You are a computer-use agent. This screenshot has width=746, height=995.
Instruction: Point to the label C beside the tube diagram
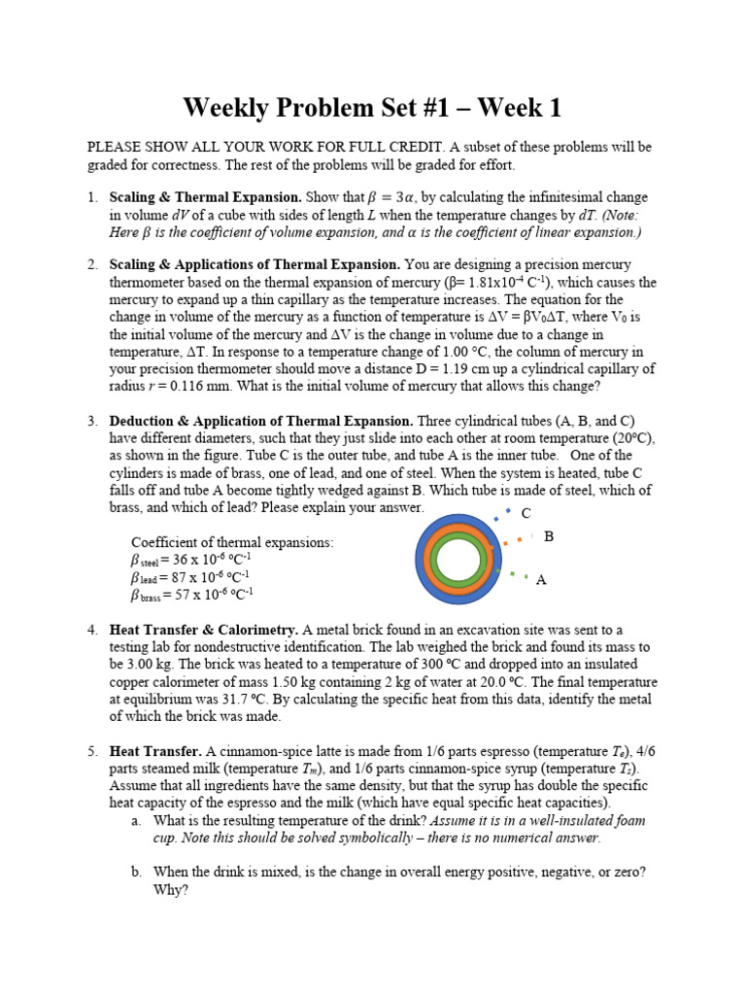[x=526, y=513]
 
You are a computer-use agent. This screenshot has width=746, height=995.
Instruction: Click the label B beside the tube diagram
[x=549, y=536]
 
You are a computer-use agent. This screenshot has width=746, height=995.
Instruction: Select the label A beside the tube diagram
[x=541, y=580]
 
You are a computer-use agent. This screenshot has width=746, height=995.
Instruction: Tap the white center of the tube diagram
[x=459, y=562]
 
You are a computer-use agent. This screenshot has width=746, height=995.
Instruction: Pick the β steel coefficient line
[x=192, y=560]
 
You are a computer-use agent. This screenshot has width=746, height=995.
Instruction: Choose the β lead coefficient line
[x=190, y=577]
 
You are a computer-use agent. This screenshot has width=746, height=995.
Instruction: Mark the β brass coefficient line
[x=192, y=595]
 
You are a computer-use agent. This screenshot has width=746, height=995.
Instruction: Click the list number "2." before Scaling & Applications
[x=93, y=264]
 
